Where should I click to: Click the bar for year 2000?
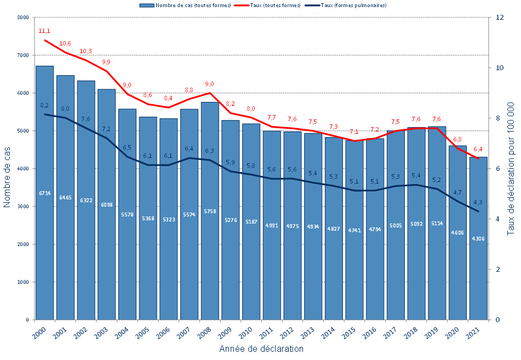[44, 247]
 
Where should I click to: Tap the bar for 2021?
[478, 274]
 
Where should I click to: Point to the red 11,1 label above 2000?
[44, 31]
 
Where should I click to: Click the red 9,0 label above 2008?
[210, 84]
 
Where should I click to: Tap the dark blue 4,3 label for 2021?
[478, 202]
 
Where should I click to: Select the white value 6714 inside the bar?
[44, 193]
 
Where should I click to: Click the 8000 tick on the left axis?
[22, 18]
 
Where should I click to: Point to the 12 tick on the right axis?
[499, 18]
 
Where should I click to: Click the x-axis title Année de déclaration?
[261, 349]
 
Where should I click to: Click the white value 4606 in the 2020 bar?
[457, 233]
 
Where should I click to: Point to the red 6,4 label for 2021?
[478, 149]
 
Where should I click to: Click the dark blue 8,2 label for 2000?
[44, 105]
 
